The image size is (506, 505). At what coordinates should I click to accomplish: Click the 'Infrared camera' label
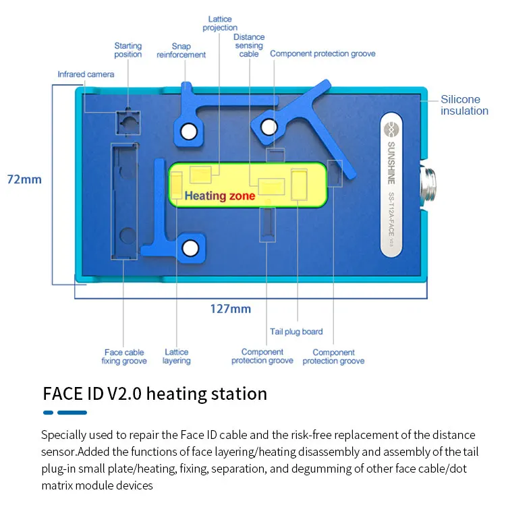tap(86, 74)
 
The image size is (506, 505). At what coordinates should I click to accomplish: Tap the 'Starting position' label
tap(128, 50)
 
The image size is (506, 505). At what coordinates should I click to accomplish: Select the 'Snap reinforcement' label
tap(181, 51)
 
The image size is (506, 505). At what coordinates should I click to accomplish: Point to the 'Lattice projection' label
tap(220, 24)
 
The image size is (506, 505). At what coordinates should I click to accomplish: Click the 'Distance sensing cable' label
tap(249, 45)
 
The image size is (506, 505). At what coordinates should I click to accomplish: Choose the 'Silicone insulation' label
tap(464, 105)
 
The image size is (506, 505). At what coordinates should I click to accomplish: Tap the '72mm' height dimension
tap(24, 179)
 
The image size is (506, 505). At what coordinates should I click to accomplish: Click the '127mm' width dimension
tap(231, 309)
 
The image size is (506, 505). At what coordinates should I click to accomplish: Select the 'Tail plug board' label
tap(296, 332)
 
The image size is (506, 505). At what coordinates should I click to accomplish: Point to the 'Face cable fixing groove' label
tap(125, 356)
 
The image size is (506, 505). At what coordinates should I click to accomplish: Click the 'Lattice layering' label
tap(177, 356)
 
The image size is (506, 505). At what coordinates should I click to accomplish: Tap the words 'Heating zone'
tap(220, 196)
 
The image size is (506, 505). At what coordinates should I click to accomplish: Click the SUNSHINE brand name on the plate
tap(393, 160)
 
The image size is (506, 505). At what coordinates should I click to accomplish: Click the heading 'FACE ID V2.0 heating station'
tap(154, 393)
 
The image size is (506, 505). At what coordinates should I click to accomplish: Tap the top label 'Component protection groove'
tap(322, 53)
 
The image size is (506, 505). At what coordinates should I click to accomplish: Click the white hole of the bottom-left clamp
tap(190, 249)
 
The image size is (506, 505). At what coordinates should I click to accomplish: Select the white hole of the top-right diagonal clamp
tap(269, 126)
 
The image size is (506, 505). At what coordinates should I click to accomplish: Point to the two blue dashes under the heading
tap(65, 413)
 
